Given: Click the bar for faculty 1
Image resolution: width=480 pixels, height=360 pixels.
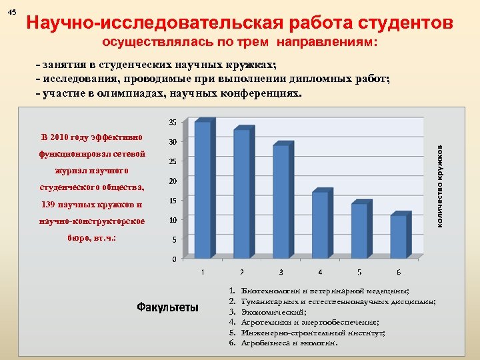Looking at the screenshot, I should click(203, 189).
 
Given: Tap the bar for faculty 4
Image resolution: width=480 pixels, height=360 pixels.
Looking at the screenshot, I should click(320, 225).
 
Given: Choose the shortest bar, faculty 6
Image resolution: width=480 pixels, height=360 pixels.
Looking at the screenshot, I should click(398, 236).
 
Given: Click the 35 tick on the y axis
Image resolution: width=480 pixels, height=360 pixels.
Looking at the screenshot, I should click(172, 123).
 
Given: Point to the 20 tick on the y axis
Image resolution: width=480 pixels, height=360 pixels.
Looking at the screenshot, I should click(172, 181).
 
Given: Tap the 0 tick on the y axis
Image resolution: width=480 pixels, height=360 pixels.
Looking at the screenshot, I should click(175, 259).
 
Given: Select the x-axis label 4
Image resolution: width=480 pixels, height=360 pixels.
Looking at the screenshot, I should click(320, 272).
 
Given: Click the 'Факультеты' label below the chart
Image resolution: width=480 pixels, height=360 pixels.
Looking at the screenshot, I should click(167, 307).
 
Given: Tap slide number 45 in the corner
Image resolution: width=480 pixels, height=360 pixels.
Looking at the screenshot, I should click(13, 13).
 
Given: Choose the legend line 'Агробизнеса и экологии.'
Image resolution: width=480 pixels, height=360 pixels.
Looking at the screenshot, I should click(290, 343).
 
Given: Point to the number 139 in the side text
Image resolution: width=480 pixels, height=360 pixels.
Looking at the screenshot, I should click(48, 204).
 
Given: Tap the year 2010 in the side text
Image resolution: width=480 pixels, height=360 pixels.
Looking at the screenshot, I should click(63, 137).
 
